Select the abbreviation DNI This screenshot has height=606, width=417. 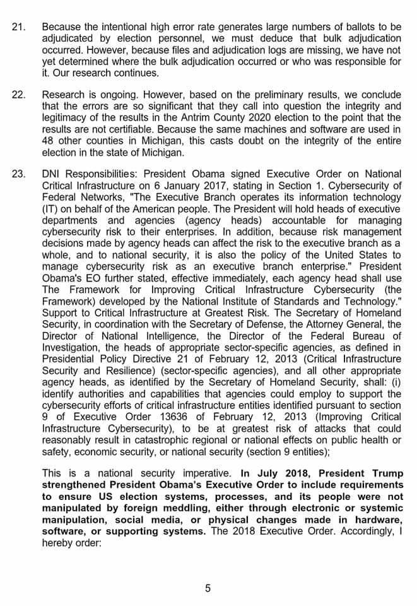coord(52,174)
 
